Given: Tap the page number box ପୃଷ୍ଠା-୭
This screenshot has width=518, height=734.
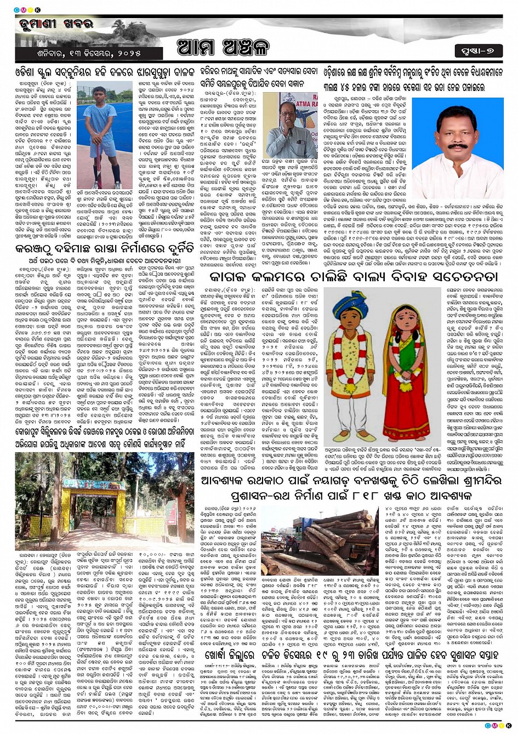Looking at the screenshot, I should tap(478, 52).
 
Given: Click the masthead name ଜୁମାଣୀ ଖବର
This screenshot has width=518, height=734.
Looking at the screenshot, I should tap(58, 24).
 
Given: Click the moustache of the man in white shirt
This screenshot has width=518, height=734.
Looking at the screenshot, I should tap(457, 146).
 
